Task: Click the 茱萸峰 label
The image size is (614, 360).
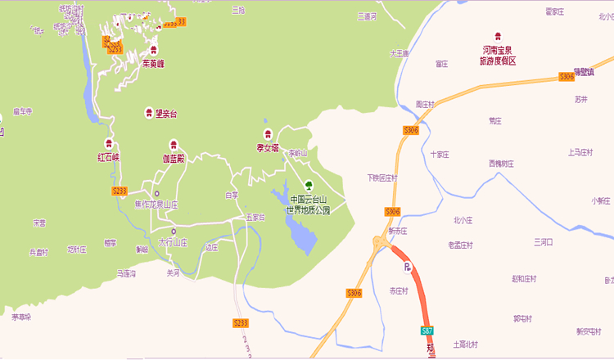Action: pyautogui.click(x=153, y=63)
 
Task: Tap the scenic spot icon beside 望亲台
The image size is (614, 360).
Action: pyautogui.click(x=148, y=113)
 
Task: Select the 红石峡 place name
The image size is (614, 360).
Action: pyautogui.click(x=108, y=155)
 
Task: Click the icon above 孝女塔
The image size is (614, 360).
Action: pyautogui.click(x=268, y=134)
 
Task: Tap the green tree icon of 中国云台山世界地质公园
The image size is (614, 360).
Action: pyautogui.click(x=309, y=183)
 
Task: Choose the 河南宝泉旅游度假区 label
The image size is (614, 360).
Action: pyautogui.click(x=498, y=56)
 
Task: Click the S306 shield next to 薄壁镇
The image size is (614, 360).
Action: pyautogui.click(x=567, y=77)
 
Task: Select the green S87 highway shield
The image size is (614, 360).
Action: pyautogui.click(x=427, y=331)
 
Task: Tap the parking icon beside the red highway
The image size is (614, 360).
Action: pyautogui.click(x=405, y=267)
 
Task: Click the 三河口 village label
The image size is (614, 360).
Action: pyautogui.click(x=544, y=242)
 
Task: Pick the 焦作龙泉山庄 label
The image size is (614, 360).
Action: pyautogui.click(x=156, y=205)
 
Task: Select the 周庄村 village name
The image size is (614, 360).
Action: pyautogui.click(x=424, y=104)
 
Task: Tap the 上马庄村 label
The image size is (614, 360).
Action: pyautogui.click(x=580, y=152)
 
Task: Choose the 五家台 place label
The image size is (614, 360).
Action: pyautogui.click(x=255, y=218)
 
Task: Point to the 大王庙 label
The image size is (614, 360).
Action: pyautogui.click(x=399, y=53)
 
